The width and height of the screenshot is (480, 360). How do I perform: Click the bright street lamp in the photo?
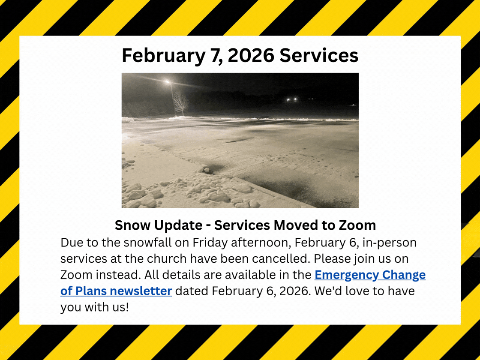(168, 82)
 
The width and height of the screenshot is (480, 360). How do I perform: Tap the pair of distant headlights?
(292, 99)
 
